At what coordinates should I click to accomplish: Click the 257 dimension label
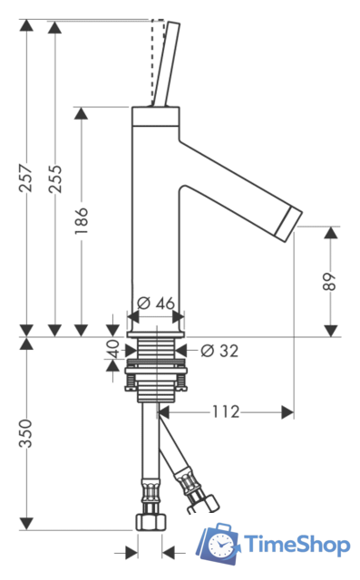pos(26,178)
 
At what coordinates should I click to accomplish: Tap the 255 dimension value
pos(55,179)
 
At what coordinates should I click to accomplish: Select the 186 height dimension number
pos(81,221)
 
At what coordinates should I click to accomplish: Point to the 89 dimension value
pos(329,282)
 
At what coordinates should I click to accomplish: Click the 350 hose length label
pos(26,433)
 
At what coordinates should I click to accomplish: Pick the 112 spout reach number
pos(226,411)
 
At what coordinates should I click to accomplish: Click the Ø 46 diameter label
pos(156,304)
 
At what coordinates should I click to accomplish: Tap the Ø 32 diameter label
pos(219,351)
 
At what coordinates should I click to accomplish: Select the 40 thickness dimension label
pos(113,348)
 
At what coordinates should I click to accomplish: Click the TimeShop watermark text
pos(297,546)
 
